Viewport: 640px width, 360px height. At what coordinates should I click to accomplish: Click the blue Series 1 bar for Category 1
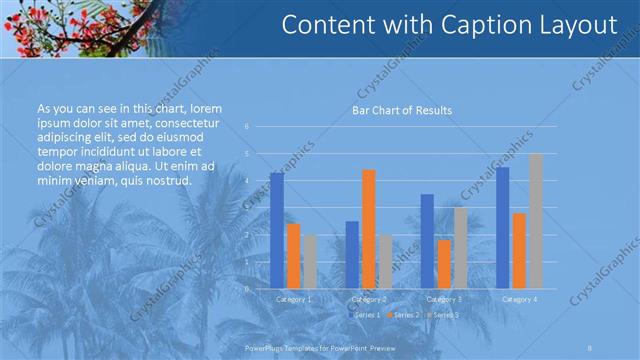(277, 231)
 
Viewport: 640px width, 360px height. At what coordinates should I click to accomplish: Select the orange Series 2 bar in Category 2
(368, 229)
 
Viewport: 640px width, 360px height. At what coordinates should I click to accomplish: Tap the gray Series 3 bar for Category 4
(535, 221)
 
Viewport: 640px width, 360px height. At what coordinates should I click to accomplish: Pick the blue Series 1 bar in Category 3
(427, 241)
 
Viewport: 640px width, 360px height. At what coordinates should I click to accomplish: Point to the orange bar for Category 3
(444, 264)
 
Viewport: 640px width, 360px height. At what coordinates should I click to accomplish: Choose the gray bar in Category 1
(309, 262)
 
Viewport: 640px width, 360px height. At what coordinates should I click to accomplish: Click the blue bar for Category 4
(502, 228)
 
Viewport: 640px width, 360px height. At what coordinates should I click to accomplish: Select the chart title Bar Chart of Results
(401, 110)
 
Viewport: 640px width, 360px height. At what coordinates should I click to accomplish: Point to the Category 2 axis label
(368, 299)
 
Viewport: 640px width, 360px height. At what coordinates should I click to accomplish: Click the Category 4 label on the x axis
(519, 299)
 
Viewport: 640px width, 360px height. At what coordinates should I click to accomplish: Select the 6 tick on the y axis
(246, 127)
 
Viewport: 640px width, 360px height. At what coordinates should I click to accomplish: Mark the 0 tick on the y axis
(246, 288)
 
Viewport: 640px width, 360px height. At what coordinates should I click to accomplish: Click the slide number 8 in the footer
(591, 346)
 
